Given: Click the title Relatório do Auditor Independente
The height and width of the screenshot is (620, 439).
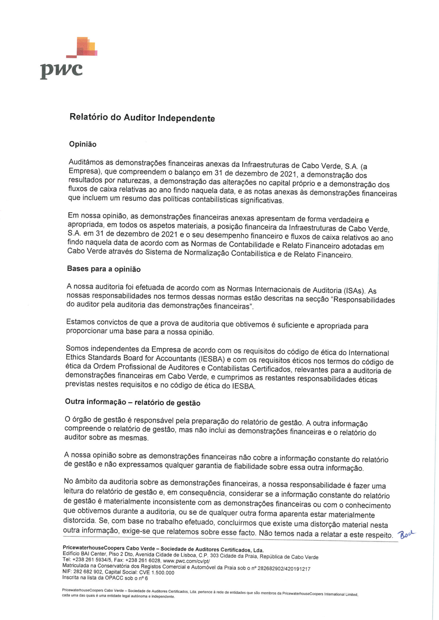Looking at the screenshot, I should point(142,118).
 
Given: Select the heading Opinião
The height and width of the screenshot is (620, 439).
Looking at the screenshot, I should point(83,144).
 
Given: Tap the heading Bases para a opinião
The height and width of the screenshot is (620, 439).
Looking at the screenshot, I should point(104,269).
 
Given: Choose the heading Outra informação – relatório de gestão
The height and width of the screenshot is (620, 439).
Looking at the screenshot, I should point(133,402).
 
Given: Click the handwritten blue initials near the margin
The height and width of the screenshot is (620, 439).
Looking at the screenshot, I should point(406,534).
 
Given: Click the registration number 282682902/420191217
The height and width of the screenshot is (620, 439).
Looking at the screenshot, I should point(284,569).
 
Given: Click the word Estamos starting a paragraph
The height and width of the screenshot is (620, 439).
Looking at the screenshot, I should point(81,322).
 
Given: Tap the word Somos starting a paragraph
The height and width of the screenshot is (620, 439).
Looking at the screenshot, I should point(77,348).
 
